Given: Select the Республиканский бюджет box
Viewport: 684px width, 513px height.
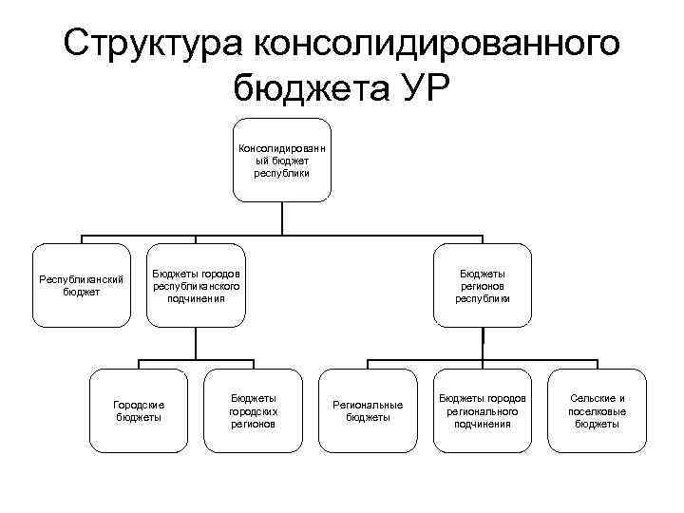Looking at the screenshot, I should [82, 286].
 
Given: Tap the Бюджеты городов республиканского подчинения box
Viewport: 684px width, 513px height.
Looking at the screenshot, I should [197, 286].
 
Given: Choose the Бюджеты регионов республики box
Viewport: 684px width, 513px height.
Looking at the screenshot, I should [483, 286].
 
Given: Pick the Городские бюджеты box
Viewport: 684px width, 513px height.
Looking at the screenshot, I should [139, 410].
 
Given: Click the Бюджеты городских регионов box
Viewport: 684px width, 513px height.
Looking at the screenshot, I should [253, 410].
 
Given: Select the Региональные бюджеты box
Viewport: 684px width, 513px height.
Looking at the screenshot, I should [368, 410].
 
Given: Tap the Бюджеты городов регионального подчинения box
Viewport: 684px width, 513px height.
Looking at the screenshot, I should [483, 410].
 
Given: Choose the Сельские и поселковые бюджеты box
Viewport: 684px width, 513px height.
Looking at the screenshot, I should [597, 410].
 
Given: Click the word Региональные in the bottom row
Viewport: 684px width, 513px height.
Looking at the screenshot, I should [368, 404].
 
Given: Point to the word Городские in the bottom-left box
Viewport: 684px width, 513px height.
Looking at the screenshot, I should [139, 404].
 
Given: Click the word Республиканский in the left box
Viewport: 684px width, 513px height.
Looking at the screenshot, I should [82, 279].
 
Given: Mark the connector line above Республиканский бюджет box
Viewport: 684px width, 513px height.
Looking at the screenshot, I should [82, 239].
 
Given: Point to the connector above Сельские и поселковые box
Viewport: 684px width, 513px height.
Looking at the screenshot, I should [597, 365].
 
